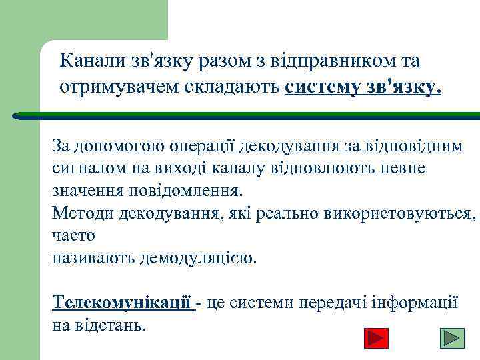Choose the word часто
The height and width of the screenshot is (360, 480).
pos(73,235)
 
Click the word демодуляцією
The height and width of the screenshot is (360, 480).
pos(197,258)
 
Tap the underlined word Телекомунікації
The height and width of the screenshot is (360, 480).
pos(122,302)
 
